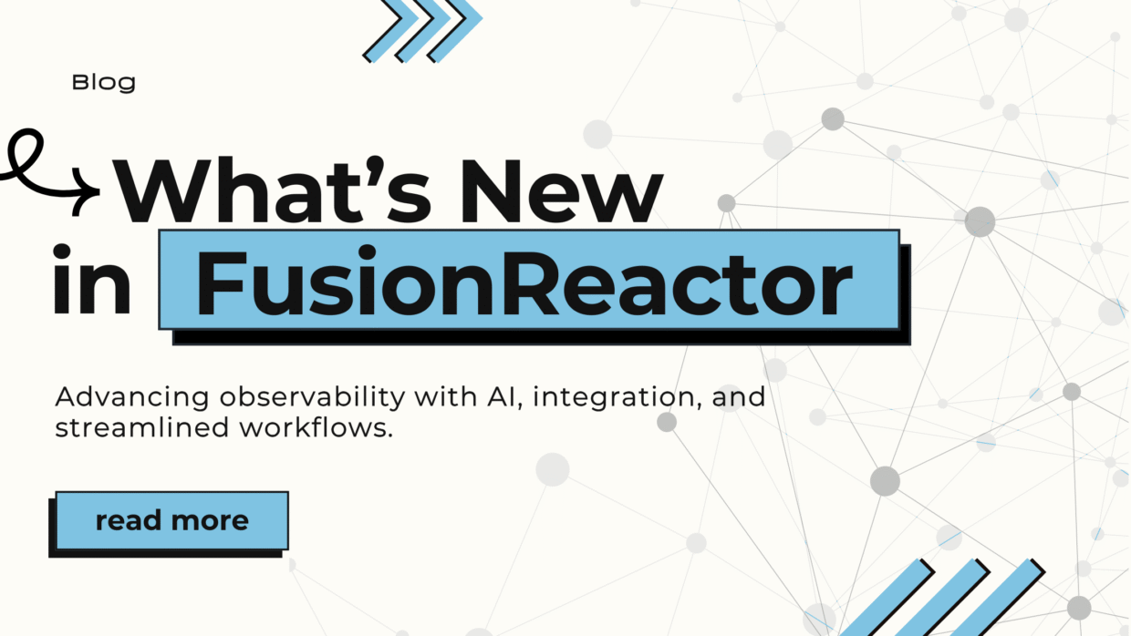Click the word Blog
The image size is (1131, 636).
point(103,83)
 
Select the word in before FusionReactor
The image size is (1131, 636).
point(92,280)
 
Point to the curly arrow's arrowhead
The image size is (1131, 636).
point(86,190)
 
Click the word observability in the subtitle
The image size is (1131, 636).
point(313,398)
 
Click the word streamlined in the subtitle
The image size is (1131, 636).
point(142,427)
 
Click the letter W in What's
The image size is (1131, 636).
point(161,190)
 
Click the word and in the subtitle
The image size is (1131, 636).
point(739,397)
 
